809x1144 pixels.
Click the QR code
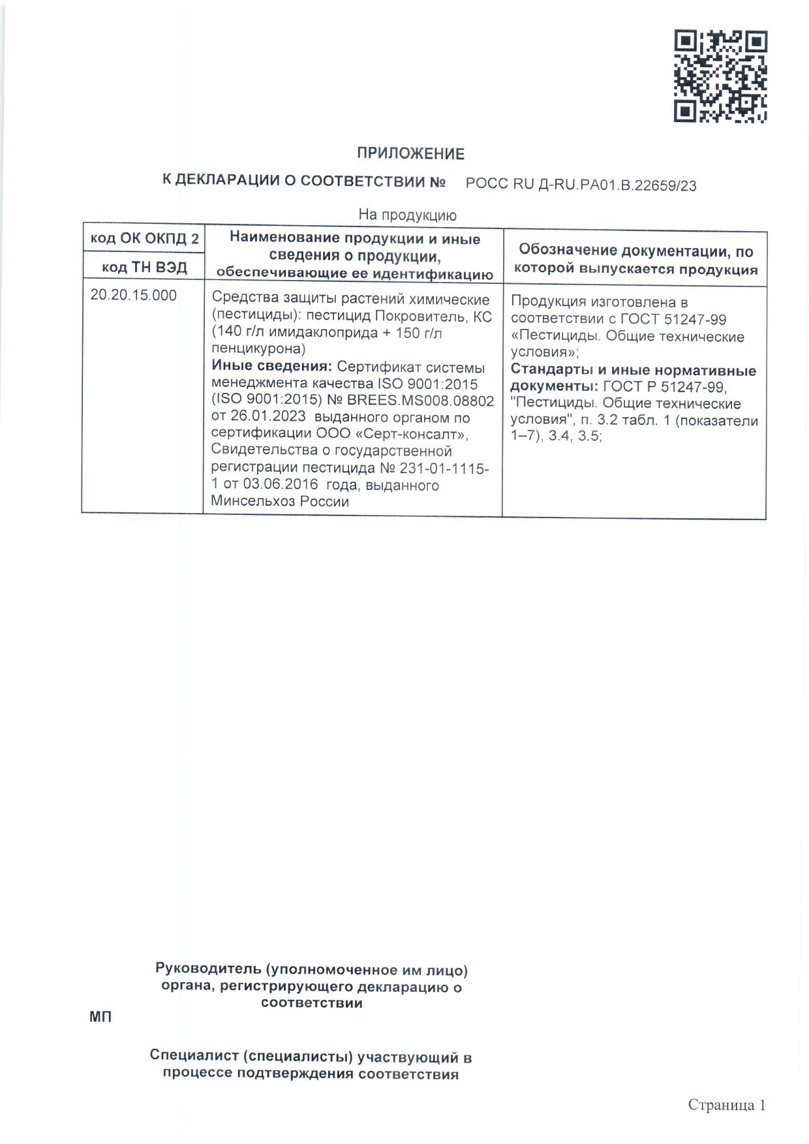point(720,76)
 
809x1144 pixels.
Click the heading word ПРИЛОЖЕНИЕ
point(410,154)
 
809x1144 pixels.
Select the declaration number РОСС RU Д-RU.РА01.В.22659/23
point(581,185)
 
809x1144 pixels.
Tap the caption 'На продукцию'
point(407,215)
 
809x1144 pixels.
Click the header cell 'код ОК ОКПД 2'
point(144,239)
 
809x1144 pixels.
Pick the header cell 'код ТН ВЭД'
point(144,267)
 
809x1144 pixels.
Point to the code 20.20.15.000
point(133,295)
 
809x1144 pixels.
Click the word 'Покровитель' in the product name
point(419,317)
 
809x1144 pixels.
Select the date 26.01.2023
point(267,417)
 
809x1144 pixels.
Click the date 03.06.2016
point(281,485)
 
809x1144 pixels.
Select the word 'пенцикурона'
point(254,349)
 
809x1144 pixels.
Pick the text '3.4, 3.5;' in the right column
point(574,436)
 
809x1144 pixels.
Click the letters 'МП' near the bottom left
point(100,1017)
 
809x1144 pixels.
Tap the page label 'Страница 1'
point(726,1105)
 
